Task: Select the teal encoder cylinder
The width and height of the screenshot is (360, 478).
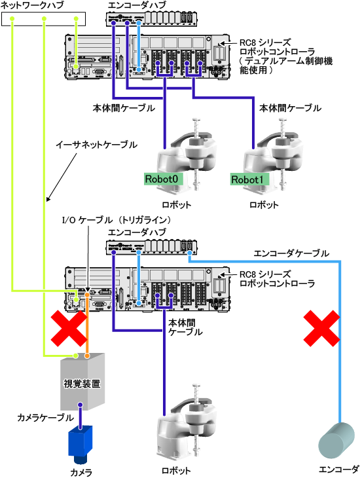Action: point(336,440)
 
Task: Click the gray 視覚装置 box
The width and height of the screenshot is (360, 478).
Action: point(82,382)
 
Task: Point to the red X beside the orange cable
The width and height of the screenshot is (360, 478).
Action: point(69,329)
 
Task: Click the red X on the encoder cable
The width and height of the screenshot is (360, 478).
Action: point(322,328)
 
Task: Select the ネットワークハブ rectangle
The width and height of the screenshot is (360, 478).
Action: point(43,19)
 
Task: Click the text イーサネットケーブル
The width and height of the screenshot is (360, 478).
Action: point(96,145)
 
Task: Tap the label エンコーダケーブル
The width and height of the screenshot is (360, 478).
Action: point(291,253)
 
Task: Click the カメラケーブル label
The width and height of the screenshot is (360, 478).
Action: point(45,417)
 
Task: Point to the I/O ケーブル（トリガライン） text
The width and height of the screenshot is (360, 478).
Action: point(116,220)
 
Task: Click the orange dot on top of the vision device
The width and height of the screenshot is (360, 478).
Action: point(87,356)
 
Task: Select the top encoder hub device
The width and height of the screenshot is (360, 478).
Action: point(151,19)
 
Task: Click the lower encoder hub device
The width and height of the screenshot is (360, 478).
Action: point(151,248)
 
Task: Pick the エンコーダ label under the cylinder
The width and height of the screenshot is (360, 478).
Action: point(338,469)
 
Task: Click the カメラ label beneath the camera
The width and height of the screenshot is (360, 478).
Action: point(81,472)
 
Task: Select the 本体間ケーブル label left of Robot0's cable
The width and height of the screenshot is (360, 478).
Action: point(124,108)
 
